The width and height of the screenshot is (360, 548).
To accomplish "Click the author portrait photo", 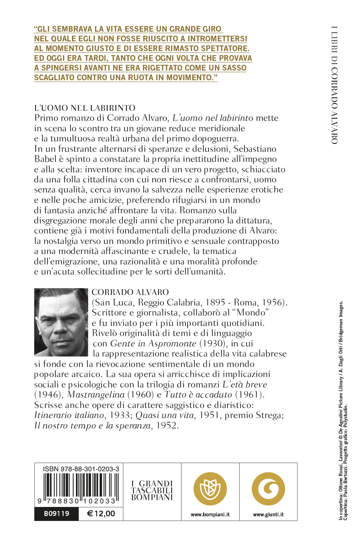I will tap(61, 322).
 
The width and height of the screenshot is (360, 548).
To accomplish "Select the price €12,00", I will tap(101, 514).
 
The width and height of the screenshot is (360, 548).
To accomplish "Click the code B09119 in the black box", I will tap(57, 514).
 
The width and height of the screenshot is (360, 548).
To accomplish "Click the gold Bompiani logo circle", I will tap(210, 489).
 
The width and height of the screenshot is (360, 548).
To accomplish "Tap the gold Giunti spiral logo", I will tap(268, 489).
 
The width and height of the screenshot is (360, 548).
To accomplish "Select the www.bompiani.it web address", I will tap(210, 515).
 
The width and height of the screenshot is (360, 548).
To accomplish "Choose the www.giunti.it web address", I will tap(268, 515).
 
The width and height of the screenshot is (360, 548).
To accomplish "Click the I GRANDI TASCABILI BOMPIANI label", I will tap(152, 490).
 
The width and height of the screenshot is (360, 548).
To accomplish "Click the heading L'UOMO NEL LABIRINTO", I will tap(85, 108).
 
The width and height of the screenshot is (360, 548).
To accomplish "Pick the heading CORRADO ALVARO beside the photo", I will tap(130, 292).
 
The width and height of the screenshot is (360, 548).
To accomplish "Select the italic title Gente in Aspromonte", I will tap(153, 344).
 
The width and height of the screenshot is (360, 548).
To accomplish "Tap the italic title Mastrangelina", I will tap(96, 395).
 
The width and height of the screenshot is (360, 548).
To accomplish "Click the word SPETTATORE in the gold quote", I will tap(226, 48).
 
